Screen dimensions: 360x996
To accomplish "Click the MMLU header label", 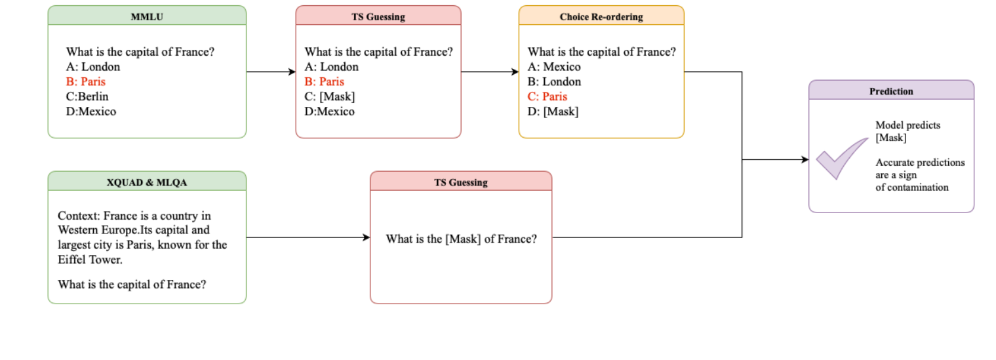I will [147, 17].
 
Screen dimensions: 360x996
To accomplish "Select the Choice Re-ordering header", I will [601, 17].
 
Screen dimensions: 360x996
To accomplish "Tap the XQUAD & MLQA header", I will [147, 182].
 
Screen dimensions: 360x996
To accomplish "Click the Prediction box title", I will [890, 91].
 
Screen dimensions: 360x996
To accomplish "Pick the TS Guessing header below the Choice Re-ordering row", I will [460, 182].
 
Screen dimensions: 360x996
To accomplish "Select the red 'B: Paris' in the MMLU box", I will [85, 82].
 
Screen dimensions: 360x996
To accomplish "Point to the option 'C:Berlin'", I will [88, 96].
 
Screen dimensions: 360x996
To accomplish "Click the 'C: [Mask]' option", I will [330, 96].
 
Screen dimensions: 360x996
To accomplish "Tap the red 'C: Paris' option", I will [548, 96].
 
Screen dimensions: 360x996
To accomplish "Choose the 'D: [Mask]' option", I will [553, 111].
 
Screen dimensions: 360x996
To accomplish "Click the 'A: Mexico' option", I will [554, 67].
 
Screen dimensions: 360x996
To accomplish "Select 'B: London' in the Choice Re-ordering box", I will [554, 82].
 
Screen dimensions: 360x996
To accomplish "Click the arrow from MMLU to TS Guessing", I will [271, 72].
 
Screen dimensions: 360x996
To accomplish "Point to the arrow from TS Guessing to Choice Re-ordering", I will [489, 72].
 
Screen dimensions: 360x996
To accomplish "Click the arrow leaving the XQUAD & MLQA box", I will [308, 237].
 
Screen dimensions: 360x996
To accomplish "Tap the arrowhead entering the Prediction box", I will [805, 159].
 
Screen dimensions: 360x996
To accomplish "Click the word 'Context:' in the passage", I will [78, 216].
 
